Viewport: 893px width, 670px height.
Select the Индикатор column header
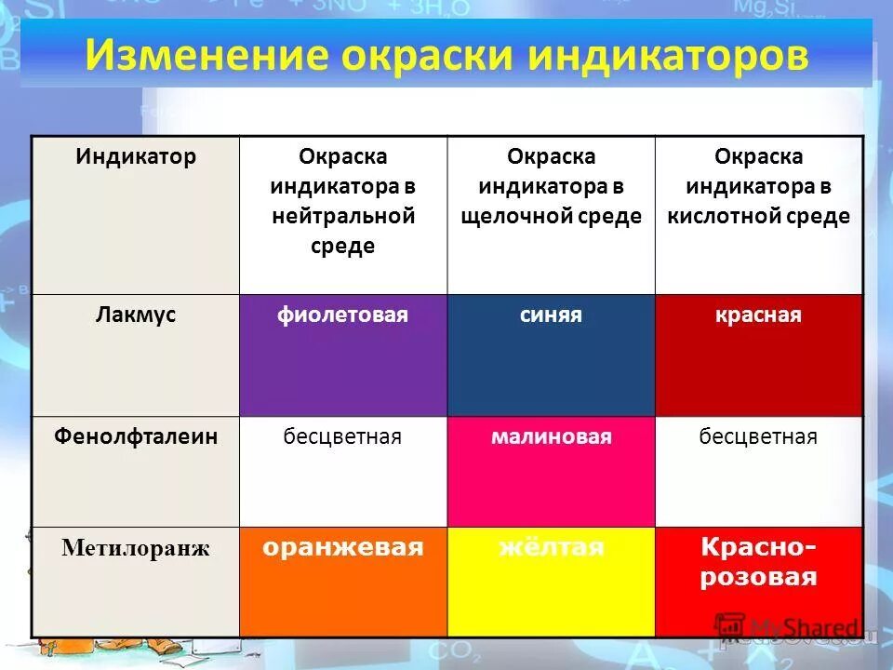coord(136,156)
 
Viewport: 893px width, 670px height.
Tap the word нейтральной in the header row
coord(342,217)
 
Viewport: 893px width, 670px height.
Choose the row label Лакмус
coord(136,315)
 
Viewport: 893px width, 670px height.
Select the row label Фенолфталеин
coord(136,435)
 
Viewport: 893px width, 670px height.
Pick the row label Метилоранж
coord(136,548)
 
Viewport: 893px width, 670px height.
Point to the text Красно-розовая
coord(758,562)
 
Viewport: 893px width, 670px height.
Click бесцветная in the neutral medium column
coord(342,436)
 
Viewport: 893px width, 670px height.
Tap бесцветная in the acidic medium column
coord(758,436)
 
